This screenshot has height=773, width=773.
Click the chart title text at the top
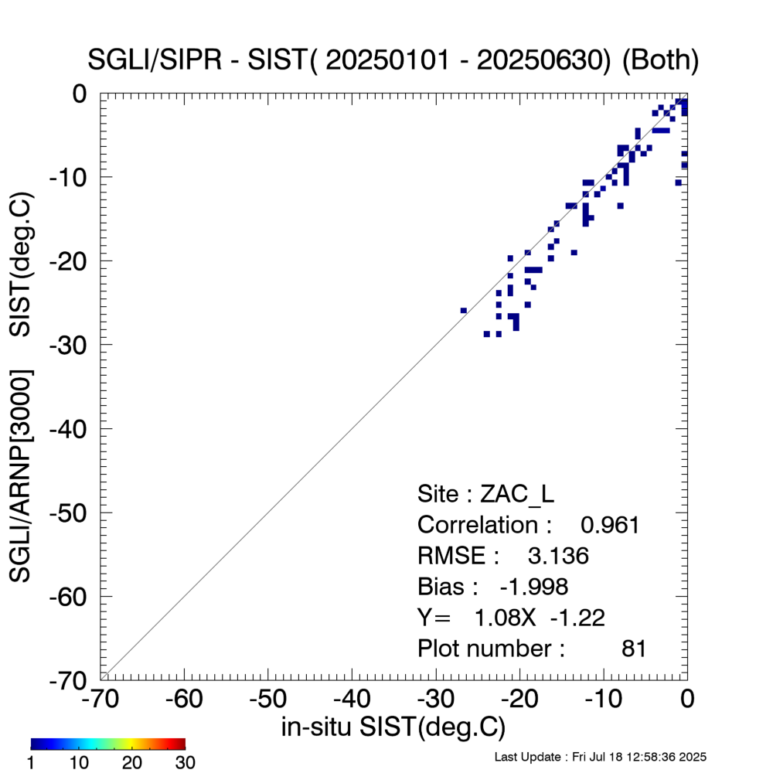394,61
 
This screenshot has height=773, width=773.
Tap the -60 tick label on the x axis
184,700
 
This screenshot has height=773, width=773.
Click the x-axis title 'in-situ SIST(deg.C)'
393,727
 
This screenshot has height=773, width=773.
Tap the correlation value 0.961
610,526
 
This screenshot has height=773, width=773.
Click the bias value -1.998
534,587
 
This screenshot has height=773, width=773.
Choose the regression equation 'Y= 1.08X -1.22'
511,618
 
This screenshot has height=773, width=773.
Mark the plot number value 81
634,649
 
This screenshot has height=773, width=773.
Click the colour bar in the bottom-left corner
107,744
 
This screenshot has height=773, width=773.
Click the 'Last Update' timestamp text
600,757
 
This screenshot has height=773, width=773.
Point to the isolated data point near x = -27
463,311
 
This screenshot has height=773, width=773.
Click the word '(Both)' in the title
660,61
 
